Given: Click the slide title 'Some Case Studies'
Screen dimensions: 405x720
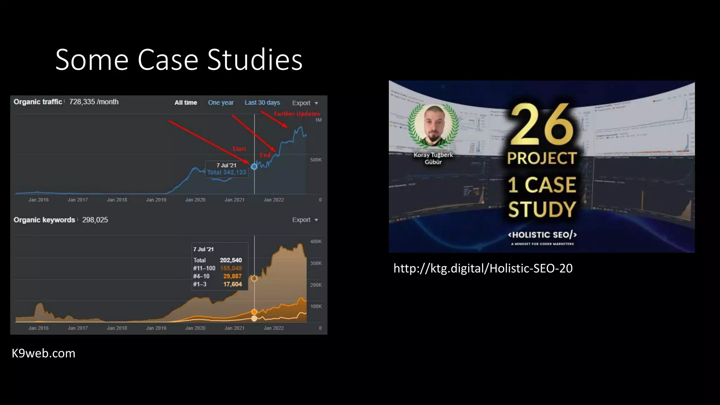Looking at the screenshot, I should click(179, 60).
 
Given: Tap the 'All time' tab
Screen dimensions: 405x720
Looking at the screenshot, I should click(186, 103).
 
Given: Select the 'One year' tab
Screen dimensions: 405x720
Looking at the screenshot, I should click(221, 103).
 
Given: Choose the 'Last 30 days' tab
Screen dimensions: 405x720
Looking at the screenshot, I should click(262, 103).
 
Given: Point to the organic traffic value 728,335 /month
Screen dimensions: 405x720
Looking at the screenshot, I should click(94, 102).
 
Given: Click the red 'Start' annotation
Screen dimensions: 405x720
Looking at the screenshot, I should click(239, 149).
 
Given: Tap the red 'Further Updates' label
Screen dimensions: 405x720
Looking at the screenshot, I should click(297, 114).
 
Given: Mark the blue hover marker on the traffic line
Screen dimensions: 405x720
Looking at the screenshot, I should click(254, 167).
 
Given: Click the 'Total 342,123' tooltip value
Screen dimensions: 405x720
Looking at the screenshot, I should click(227, 172).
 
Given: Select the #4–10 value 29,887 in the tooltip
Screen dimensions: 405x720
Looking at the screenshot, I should click(232, 276).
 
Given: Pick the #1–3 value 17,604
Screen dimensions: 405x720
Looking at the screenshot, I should click(232, 284).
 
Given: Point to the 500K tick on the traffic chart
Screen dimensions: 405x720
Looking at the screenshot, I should click(316, 160).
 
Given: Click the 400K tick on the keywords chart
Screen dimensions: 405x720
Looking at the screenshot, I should click(316, 242).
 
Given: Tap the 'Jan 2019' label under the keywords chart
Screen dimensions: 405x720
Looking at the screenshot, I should click(156, 328).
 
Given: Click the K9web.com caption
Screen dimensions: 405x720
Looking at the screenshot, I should click(44, 353).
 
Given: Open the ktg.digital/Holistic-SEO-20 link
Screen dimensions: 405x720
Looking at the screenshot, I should click(483, 269).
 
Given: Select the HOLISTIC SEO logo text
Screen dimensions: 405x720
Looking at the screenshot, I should click(542, 235).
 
